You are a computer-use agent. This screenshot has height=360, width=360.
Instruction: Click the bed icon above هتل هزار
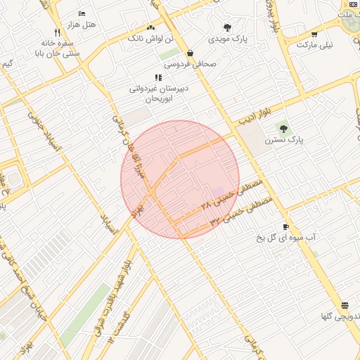point(82,14)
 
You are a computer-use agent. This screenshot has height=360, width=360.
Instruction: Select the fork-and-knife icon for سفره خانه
point(58,32)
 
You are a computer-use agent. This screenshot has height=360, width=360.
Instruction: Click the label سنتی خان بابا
point(58,52)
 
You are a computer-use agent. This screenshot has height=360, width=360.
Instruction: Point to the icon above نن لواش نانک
point(151,27)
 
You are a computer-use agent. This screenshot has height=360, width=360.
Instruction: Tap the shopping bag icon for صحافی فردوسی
point(191,53)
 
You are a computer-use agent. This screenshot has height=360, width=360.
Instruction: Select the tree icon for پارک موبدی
point(226,27)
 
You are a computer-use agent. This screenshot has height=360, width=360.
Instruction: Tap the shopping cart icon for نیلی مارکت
point(314,34)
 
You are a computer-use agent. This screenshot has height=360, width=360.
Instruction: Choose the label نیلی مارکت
point(314,44)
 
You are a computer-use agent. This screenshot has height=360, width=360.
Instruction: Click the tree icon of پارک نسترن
point(283,129)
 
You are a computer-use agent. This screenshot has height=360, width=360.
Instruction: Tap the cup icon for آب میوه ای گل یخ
point(285,226)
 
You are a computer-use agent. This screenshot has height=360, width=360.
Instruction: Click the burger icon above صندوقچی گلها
point(345,306)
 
